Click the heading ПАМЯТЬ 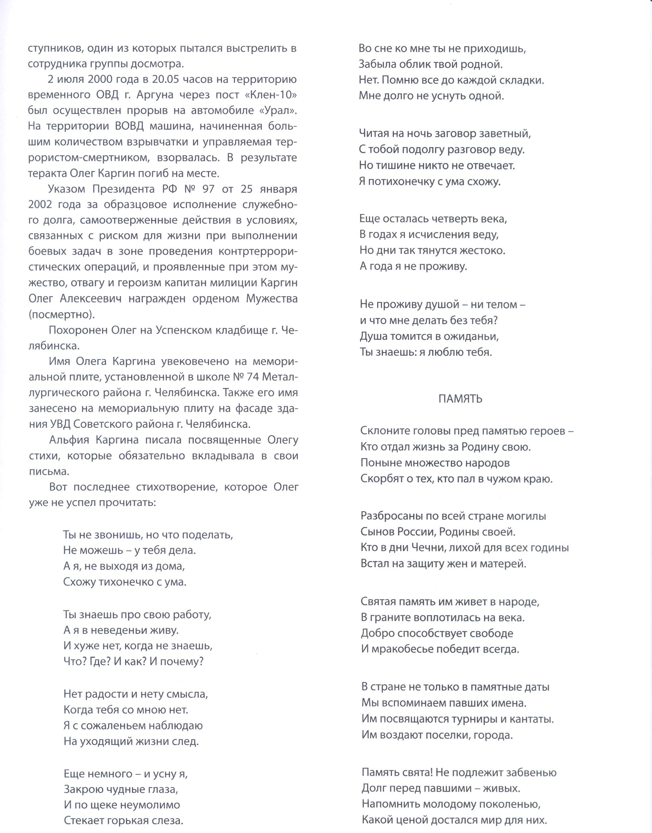[x=460, y=399]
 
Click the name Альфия [x=69, y=440]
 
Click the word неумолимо [x=150, y=805]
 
